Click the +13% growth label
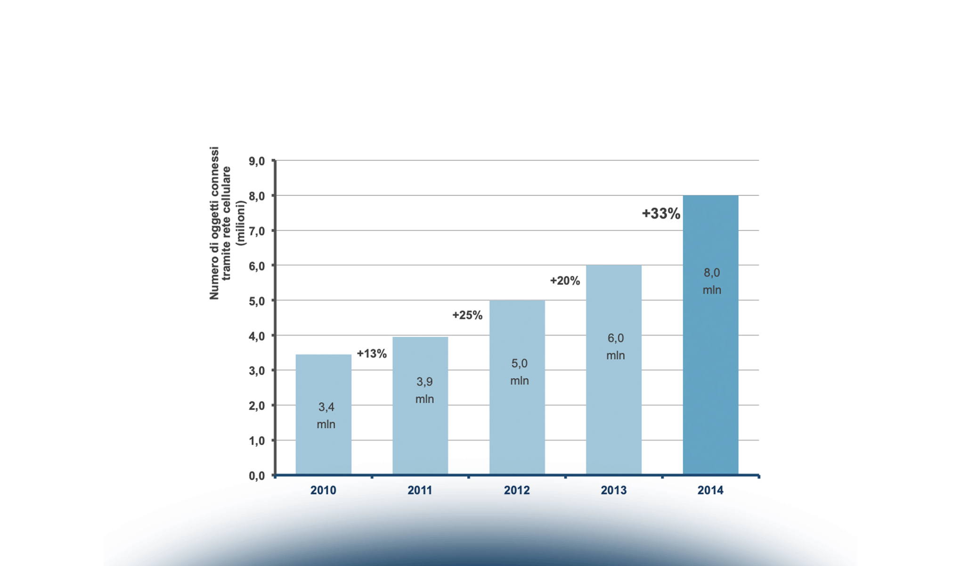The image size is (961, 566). coord(372,354)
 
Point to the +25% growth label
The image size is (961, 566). coord(467,315)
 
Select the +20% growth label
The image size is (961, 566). coord(565,281)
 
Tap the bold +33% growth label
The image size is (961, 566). coord(661,214)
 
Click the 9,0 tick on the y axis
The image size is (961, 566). coord(257,161)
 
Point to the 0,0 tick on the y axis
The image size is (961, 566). coord(257,475)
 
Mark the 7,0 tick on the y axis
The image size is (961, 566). coord(257,231)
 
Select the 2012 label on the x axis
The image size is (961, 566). coord(517,491)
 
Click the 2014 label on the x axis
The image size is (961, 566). coord(710,491)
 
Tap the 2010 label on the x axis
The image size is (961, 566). coord(323,491)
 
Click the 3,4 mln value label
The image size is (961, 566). coord(326,416)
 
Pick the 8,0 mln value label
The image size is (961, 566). coord(712,281)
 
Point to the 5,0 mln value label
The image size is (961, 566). coord(520,372)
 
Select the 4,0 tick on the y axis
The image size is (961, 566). coord(257,336)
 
